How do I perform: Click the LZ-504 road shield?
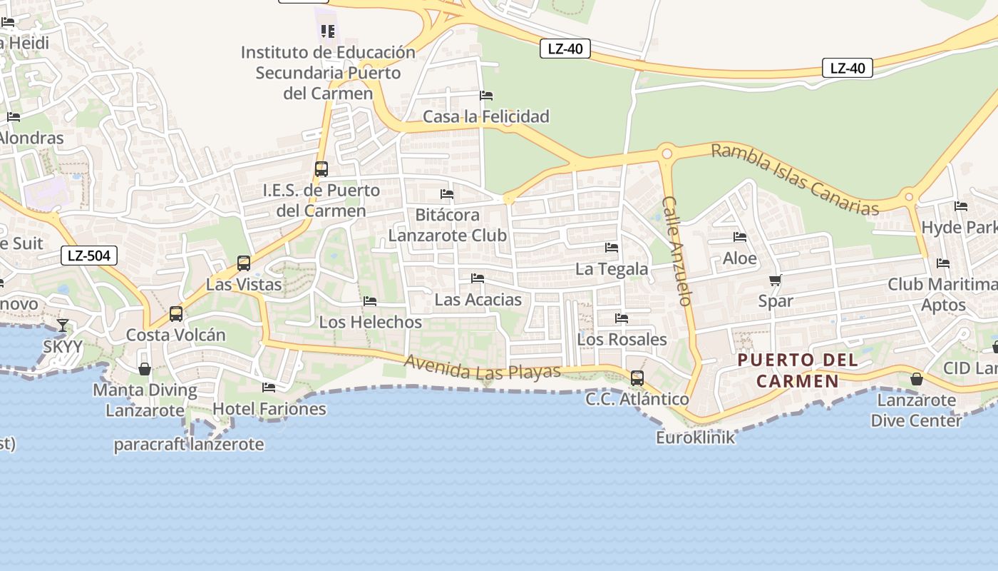(x=89, y=256)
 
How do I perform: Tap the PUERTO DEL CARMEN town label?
(x=798, y=370)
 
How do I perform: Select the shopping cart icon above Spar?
(x=775, y=281)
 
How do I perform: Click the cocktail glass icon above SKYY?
(x=63, y=325)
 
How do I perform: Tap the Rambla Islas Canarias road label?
(x=795, y=179)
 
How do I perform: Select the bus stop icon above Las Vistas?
(x=244, y=263)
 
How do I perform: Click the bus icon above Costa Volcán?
(x=176, y=313)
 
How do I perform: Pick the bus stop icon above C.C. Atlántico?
(x=637, y=378)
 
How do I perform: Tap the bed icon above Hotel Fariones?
(x=269, y=388)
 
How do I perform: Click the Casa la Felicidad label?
(x=486, y=116)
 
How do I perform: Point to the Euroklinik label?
(x=695, y=438)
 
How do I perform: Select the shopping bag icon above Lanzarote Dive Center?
(x=917, y=379)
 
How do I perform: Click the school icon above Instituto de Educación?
(x=328, y=31)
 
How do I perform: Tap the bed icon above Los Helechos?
(x=370, y=301)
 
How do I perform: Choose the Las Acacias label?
(x=478, y=300)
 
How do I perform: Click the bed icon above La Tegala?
(x=612, y=248)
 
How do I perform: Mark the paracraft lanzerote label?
(x=189, y=445)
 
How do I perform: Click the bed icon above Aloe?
(x=740, y=237)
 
